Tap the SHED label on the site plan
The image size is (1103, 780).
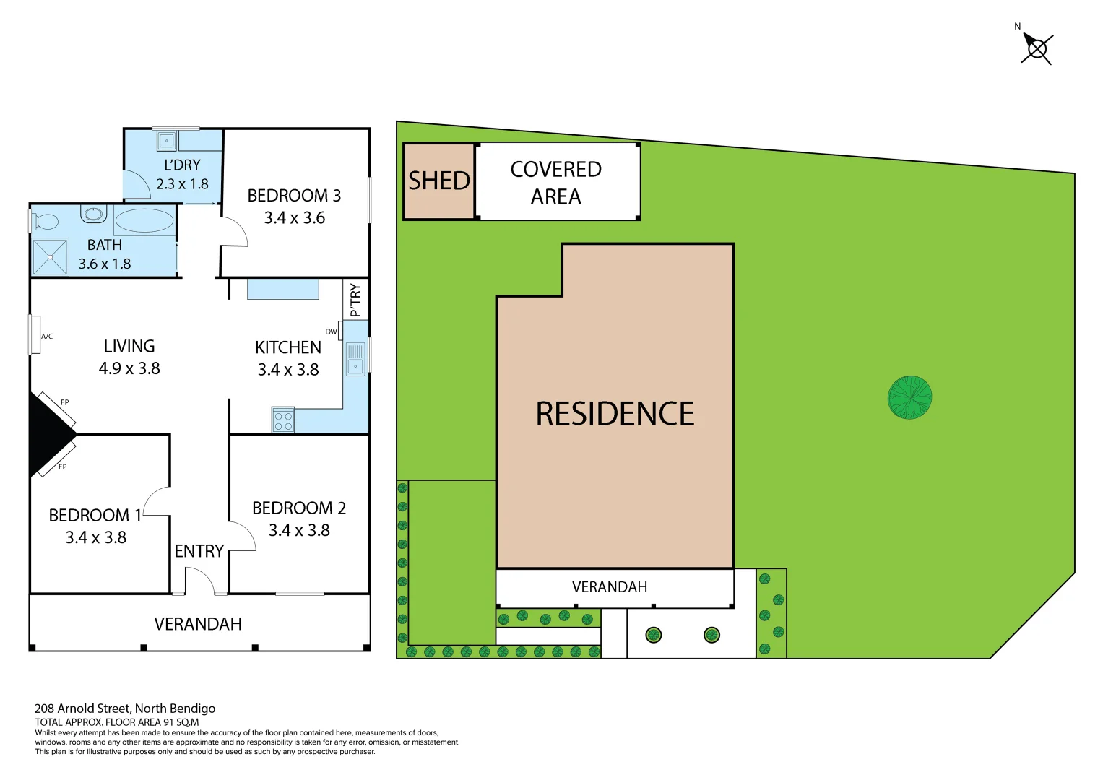(x=439, y=181)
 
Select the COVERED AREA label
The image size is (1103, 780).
(x=555, y=183)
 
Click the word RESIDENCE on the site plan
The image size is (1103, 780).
(x=615, y=414)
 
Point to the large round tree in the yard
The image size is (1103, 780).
(x=909, y=397)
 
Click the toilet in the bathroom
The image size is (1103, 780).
(x=45, y=221)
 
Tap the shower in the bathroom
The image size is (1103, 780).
(x=50, y=256)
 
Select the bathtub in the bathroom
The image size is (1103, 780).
(x=144, y=220)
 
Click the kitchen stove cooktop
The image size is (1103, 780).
(x=283, y=420)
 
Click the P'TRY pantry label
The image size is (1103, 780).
(x=355, y=300)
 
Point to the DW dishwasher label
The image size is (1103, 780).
(x=331, y=332)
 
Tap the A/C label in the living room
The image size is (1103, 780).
(x=47, y=337)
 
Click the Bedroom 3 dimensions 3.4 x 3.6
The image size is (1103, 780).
(x=294, y=218)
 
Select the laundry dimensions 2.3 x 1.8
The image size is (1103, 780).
(x=182, y=184)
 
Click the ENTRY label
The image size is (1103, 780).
(x=199, y=551)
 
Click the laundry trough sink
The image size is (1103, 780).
(x=167, y=140)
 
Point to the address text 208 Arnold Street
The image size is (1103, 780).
(x=125, y=708)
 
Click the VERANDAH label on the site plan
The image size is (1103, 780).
(x=609, y=587)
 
